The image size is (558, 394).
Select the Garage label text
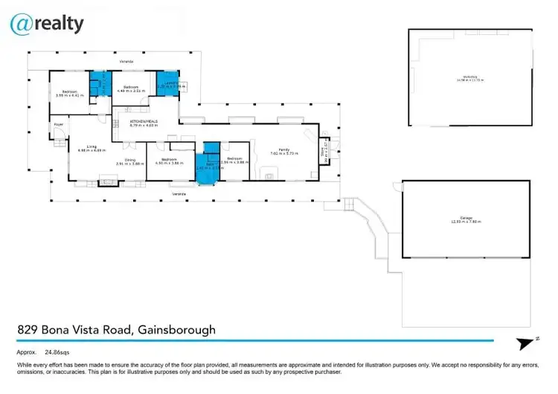tap(466, 219)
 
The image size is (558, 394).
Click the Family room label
tap(283, 151)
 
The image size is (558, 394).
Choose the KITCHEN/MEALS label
tap(144, 123)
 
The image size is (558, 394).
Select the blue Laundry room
tap(167, 81)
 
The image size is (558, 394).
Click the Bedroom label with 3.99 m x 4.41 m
tap(66, 93)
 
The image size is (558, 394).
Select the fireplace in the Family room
tap(268, 175)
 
